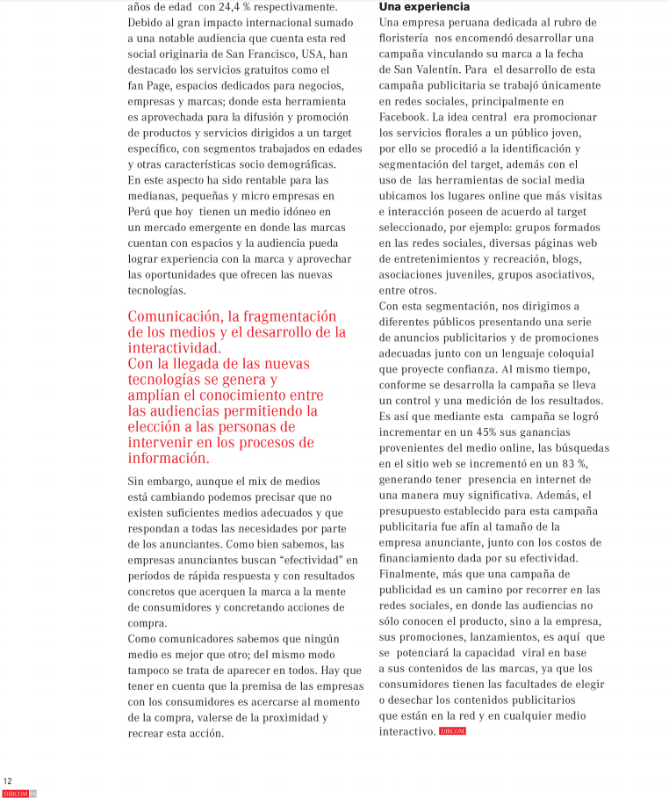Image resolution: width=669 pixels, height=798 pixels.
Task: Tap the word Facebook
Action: pyautogui.click(x=402, y=117)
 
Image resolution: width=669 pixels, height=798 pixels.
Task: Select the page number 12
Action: pyautogui.click(x=8, y=780)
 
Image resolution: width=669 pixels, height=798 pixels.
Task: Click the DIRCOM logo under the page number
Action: pyautogui.click(x=16, y=794)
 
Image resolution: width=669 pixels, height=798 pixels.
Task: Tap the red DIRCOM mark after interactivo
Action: pyautogui.click(x=453, y=731)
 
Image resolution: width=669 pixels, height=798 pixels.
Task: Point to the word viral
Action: pyautogui.click(x=539, y=653)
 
